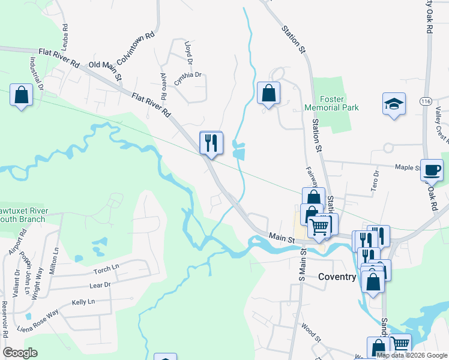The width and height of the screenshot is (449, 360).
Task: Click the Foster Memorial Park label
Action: point(331,103)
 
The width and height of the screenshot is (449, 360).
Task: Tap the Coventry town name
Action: point(337,277)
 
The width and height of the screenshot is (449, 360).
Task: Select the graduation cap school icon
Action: point(394,104)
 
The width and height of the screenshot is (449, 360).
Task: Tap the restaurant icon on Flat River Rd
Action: point(211,143)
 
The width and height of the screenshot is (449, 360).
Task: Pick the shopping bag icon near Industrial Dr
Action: point(22,95)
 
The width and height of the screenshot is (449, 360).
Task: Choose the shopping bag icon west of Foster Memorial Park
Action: point(268,93)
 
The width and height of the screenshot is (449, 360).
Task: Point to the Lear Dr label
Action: point(100,285)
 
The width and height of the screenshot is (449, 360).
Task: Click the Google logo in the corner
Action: point(20,352)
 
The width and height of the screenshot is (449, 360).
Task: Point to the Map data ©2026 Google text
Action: point(412,355)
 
